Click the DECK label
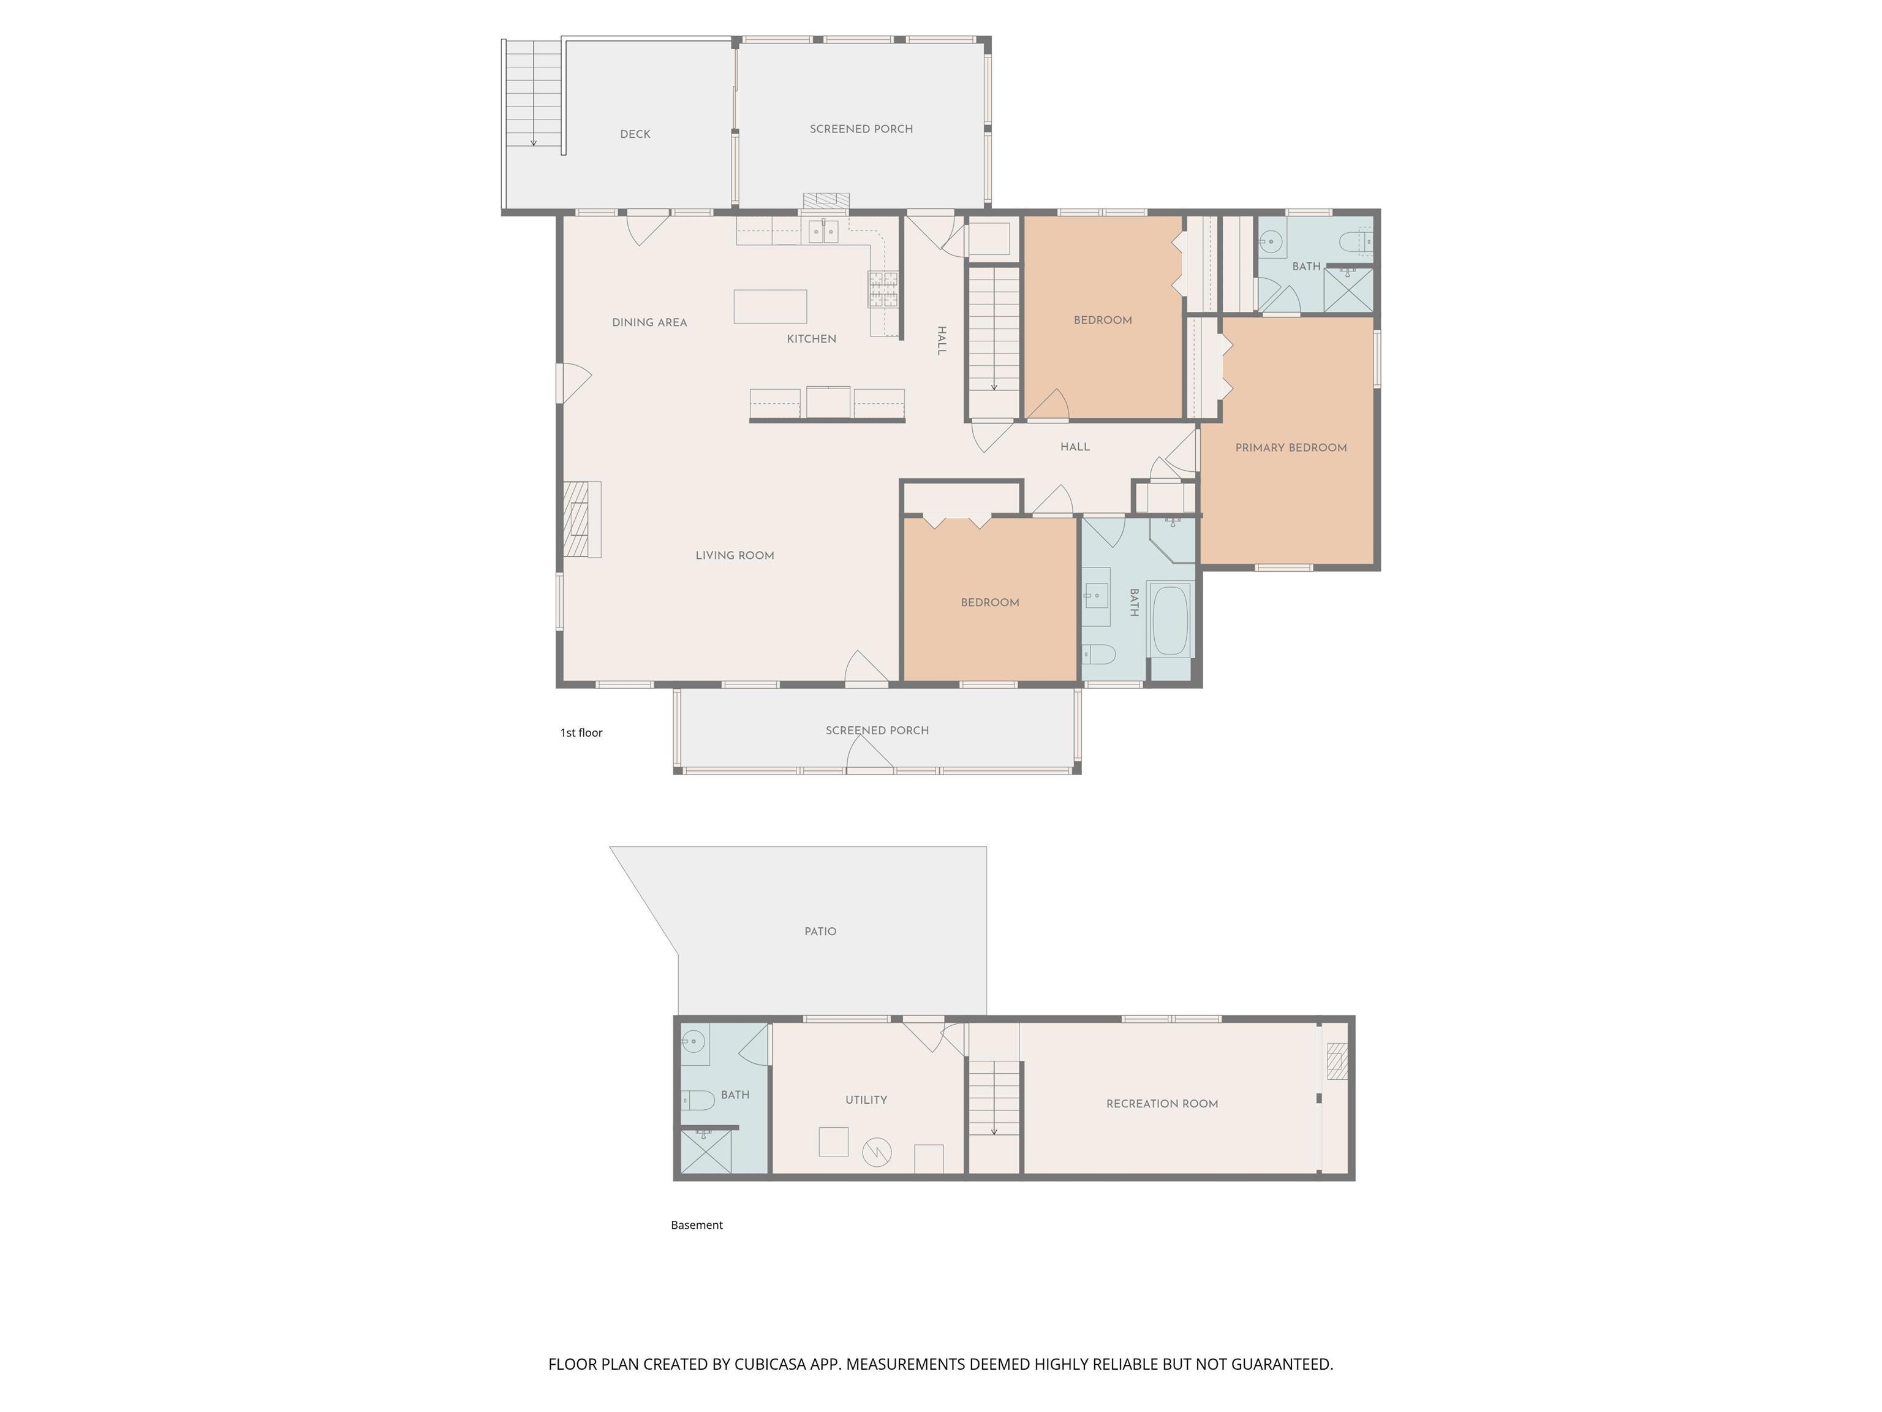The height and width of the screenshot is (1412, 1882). (635, 134)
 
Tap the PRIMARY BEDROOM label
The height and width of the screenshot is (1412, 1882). (1291, 448)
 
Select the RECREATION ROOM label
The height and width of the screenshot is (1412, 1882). (1162, 1104)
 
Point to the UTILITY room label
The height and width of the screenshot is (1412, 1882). (866, 1099)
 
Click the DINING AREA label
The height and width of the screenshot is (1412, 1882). (649, 322)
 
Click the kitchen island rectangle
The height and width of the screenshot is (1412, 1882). (770, 306)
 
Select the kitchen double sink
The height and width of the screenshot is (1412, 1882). (823, 232)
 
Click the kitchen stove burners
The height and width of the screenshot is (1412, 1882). (883, 289)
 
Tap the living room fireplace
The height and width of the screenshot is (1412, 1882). (582, 519)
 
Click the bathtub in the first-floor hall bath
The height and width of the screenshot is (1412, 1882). (1170, 619)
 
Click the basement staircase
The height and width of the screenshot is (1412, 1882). (994, 1099)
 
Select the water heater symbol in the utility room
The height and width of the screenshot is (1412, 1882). (875, 1152)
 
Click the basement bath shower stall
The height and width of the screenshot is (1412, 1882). (705, 1152)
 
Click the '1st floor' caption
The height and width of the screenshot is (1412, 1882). (581, 733)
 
